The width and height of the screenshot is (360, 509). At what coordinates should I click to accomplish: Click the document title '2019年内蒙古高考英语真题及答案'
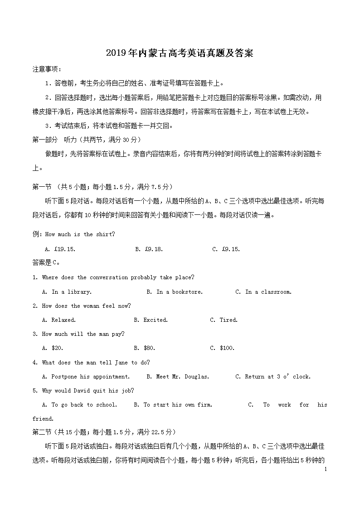(180, 53)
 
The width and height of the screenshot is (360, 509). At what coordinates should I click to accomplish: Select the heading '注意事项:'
(47, 69)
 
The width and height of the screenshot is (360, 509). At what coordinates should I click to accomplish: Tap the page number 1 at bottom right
(326, 469)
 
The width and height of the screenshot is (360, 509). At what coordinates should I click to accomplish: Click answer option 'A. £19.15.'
(60, 249)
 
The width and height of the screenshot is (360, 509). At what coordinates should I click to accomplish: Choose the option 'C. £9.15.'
(226, 249)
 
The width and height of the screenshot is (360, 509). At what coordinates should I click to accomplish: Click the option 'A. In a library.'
(67, 291)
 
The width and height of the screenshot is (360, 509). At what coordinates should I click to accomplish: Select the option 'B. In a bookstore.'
(175, 291)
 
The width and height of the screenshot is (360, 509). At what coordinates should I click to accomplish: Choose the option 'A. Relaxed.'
(58, 320)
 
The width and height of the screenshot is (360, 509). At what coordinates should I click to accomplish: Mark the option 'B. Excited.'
(151, 320)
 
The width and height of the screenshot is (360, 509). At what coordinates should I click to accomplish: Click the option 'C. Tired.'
(224, 320)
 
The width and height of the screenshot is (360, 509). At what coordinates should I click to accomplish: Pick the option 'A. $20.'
(52, 348)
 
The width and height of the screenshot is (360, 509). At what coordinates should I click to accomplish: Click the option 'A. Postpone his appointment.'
(86, 376)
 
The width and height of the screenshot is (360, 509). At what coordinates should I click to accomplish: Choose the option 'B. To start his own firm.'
(173, 404)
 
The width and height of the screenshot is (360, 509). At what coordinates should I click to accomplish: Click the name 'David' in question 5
(83, 390)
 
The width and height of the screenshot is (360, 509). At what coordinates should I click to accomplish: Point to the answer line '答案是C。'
(46, 262)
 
